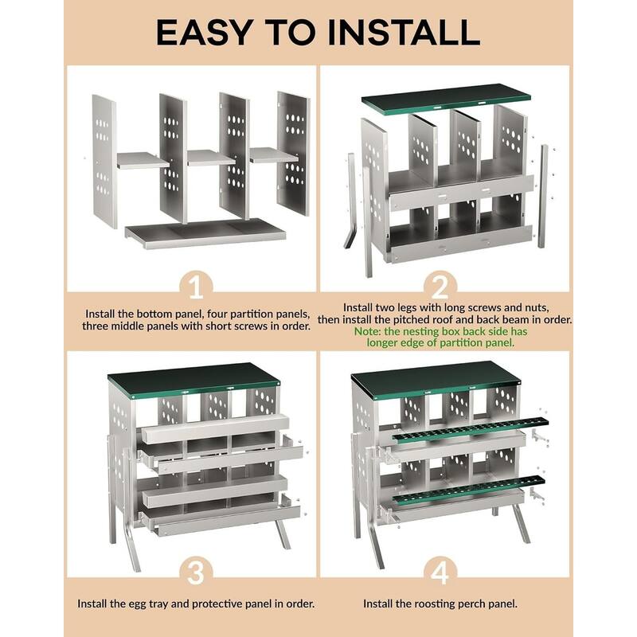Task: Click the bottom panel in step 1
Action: [205, 233]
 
